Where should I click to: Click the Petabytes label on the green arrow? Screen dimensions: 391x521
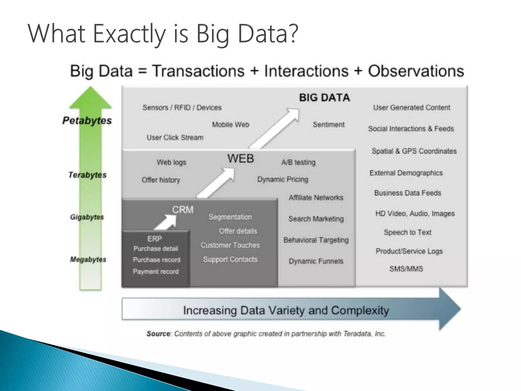pyautogui.click(x=87, y=121)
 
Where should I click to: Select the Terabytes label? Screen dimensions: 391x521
pyautogui.click(x=87, y=175)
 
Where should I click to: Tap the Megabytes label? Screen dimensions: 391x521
pyautogui.click(x=88, y=259)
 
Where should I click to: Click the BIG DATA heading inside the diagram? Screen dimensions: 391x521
pyautogui.click(x=324, y=98)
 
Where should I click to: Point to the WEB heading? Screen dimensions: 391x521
pyautogui.click(x=240, y=159)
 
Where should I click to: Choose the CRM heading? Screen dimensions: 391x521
pyautogui.click(x=183, y=210)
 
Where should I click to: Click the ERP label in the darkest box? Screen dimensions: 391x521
pyautogui.click(x=154, y=239)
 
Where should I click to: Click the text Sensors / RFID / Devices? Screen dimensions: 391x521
pyautogui.click(x=182, y=108)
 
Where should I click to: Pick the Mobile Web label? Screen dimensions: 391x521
pyautogui.click(x=230, y=125)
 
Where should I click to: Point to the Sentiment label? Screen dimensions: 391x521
pyautogui.click(x=328, y=125)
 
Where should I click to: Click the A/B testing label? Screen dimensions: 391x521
pyautogui.click(x=298, y=162)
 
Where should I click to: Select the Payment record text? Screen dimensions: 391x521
pyautogui.click(x=156, y=272)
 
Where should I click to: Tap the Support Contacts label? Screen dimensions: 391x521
pyautogui.click(x=230, y=259)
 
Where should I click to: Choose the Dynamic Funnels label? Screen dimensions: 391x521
pyautogui.click(x=316, y=261)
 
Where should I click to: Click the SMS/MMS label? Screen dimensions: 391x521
pyautogui.click(x=406, y=269)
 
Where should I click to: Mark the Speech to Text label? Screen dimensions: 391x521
pyautogui.click(x=407, y=232)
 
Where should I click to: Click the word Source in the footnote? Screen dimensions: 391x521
pyautogui.click(x=158, y=334)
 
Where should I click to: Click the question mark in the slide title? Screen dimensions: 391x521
pyautogui.click(x=293, y=34)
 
